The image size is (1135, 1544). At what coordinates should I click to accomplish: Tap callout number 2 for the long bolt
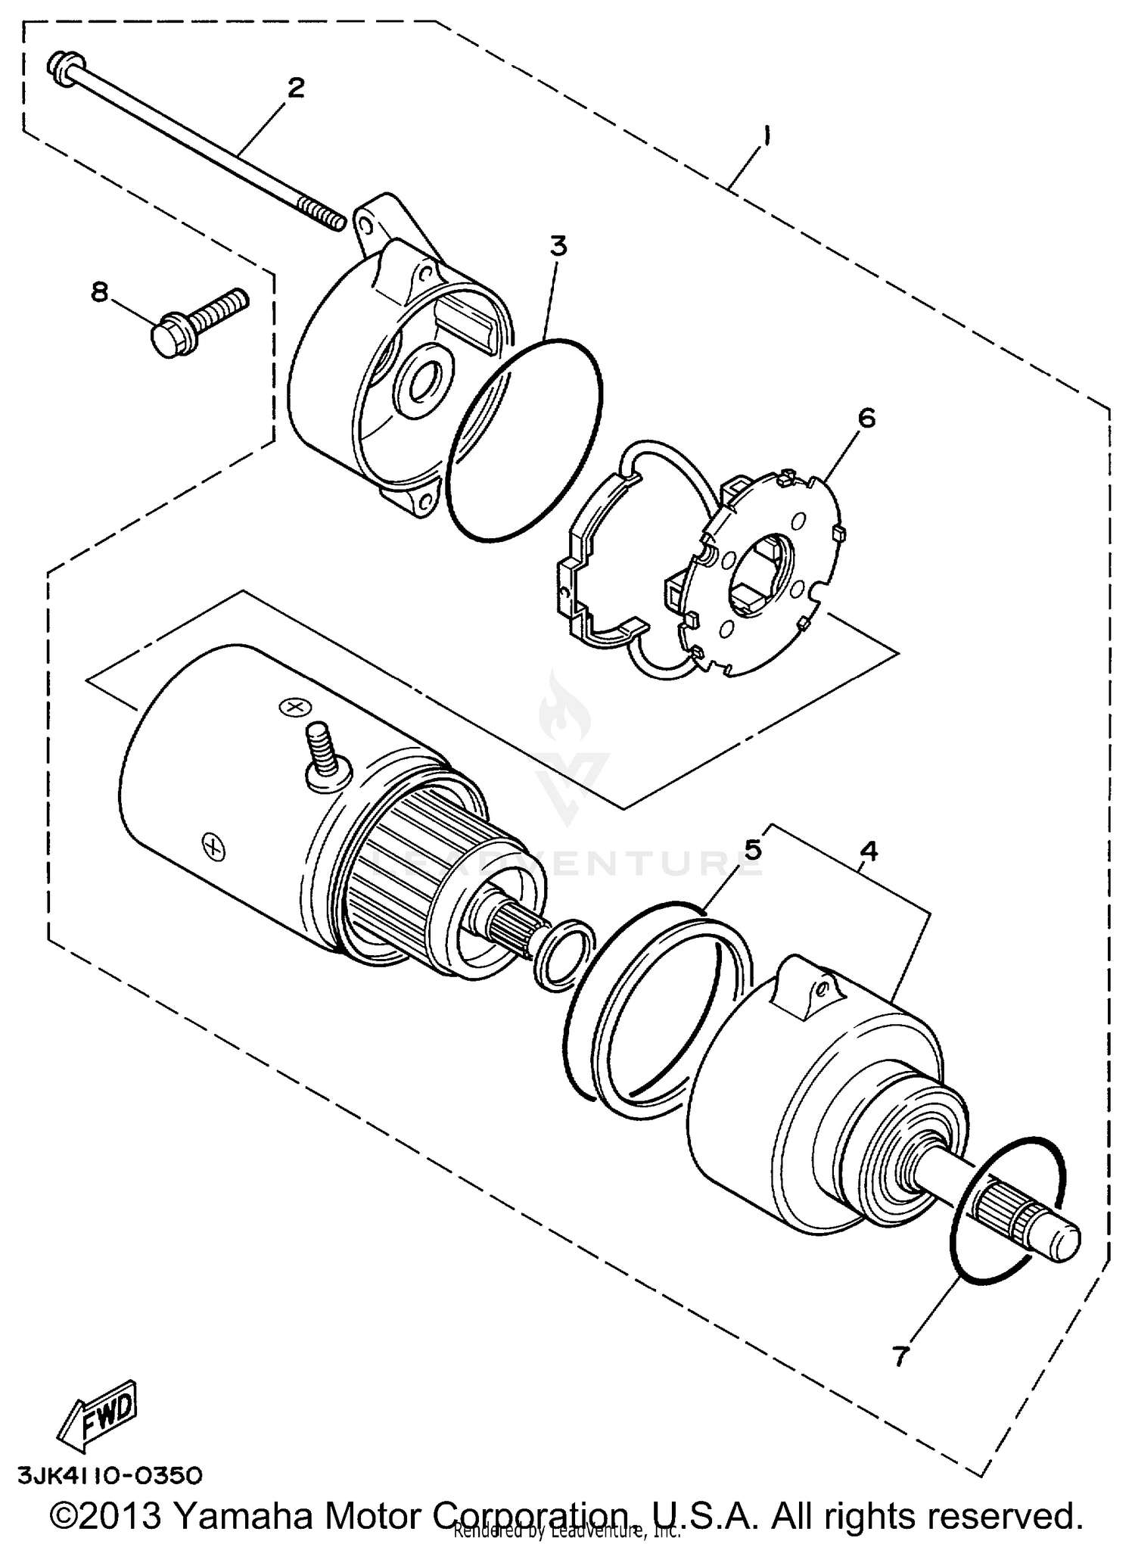point(295,88)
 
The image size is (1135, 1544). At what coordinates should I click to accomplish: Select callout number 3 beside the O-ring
point(558,246)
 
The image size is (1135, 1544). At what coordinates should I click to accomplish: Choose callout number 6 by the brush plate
point(866,417)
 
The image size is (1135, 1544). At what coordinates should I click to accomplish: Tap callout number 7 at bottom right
point(900,1356)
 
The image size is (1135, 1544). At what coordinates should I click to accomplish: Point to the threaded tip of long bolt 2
point(324,213)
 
